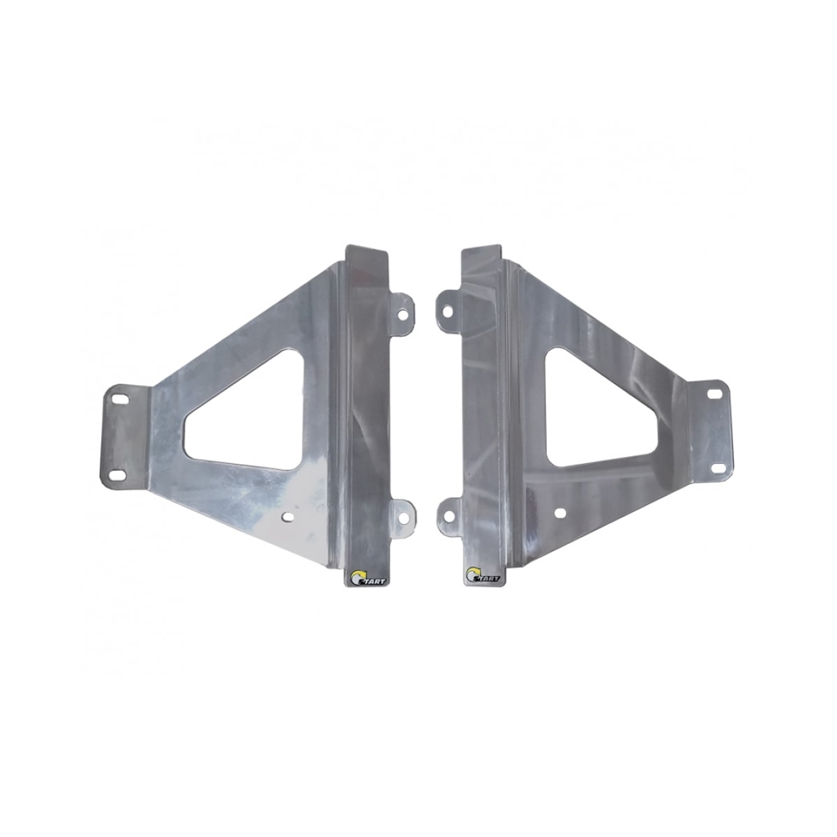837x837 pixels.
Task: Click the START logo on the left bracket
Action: click(x=360, y=578)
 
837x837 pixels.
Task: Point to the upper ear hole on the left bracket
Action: click(x=403, y=312)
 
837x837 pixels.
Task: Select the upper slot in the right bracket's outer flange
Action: click(x=714, y=395)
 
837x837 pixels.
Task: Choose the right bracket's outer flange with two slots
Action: click(x=708, y=429)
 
